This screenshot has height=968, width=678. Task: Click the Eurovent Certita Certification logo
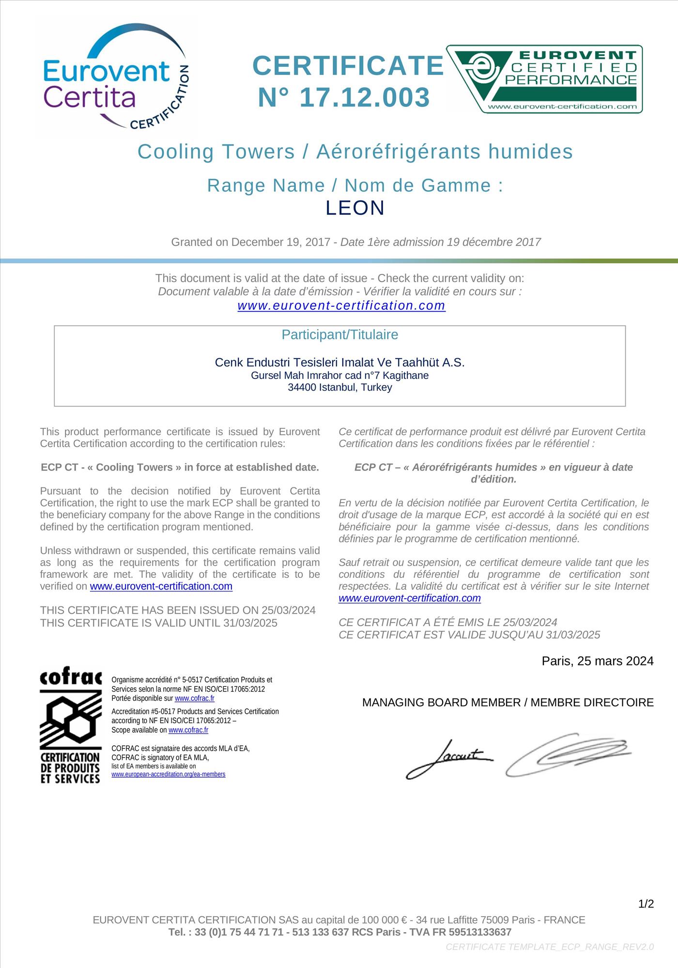click(x=115, y=77)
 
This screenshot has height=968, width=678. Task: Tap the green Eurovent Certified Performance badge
click(x=544, y=79)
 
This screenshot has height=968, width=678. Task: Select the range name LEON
click(x=355, y=208)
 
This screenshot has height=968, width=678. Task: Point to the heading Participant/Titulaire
click(x=339, y=334)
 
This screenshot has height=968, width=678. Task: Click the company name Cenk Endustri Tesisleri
click(x=339, y=362)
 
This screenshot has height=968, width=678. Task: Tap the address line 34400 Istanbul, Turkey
click(x=339, y=387)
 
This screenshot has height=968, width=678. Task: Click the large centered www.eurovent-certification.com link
click(x=341, y=305)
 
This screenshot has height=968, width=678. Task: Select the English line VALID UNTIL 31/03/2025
click(x=159, y=623)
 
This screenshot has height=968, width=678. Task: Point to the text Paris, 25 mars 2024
click(x=597, y=661)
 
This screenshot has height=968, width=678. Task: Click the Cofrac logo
click(x=71, y=726)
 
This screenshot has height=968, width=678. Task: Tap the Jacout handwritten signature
click(x=448, y=758)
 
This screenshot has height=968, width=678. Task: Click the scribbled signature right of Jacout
click(x=568, y=754)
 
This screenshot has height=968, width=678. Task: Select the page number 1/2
click(x=646, y=904)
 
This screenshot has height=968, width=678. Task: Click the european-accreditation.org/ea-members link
click(x=168, y=774)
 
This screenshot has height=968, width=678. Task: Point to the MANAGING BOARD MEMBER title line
click(x=508, y=702)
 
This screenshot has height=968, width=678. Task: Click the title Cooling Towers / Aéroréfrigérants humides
click(x=355, y=151)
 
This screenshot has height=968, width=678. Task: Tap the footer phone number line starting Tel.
click(x=339, y=932)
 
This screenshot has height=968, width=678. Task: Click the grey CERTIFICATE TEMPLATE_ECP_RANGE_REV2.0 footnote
click(x=549, y=946)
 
